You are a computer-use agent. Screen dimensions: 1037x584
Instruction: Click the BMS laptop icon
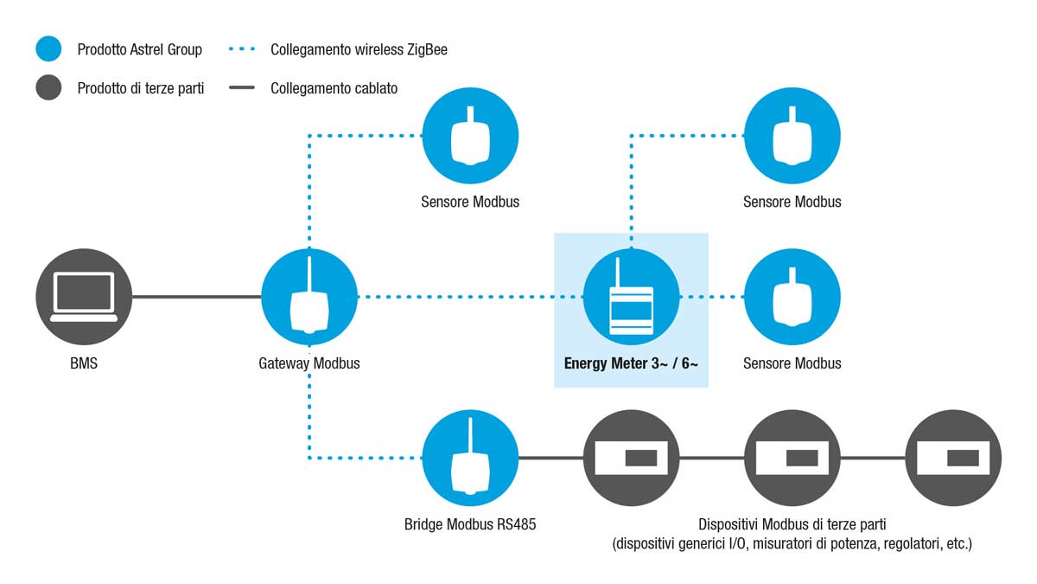coord(84,297)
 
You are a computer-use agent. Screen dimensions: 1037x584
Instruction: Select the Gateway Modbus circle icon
coord(309,297)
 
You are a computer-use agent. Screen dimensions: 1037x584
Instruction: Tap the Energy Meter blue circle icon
coord(632,297)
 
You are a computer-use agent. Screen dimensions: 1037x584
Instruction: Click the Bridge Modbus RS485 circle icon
coord(470,458)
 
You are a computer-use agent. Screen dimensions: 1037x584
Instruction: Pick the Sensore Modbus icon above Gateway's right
coord(470,136)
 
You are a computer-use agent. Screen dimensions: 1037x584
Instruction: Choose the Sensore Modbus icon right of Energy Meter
coord(792,297)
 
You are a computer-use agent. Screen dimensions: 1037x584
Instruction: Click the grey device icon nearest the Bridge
coord(632,458)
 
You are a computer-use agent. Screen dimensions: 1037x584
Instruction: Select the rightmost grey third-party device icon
coord(954,458)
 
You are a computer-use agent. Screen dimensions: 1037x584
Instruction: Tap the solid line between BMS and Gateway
coord(197,297)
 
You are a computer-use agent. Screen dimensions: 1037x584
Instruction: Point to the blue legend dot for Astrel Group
coord(48,48)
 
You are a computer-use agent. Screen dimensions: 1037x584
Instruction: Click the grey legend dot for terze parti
coord(48,87)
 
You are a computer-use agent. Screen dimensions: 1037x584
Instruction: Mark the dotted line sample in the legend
coord(242,48)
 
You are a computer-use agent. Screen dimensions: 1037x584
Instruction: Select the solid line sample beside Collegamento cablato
coord(242,87)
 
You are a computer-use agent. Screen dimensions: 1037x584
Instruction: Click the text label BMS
coord(84,363)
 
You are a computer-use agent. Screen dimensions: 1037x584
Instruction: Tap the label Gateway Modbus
coord(309,363)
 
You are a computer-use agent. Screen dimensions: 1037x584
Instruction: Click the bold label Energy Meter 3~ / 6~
coord(631,363)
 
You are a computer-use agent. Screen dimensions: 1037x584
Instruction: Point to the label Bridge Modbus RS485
coord(470,524)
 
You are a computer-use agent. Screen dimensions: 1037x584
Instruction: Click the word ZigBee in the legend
coord(427,49)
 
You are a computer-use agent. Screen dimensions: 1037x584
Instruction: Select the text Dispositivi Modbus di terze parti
coord(792,524)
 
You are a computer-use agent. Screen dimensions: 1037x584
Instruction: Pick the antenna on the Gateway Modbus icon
coord(309,275)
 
